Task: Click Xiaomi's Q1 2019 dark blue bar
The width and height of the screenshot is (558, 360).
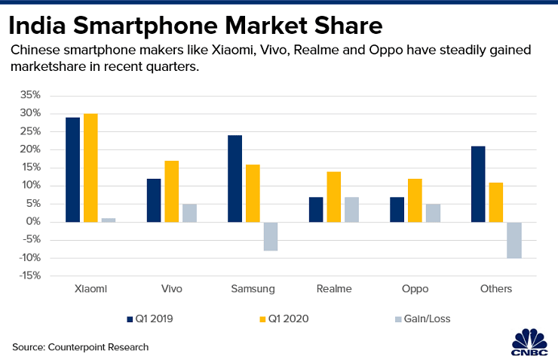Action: click(x=72, y=170)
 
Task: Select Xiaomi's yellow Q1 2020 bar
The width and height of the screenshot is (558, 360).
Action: click(x=90, y=168)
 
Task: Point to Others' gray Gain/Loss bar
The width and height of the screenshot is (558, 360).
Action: click(x=514, y=240)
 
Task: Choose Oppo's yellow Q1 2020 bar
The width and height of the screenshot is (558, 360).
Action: click(x=415, y=200)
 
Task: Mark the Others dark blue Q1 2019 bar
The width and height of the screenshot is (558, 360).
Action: click(x=478, y=184)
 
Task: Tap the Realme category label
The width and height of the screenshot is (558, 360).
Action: click(x=333, y=289)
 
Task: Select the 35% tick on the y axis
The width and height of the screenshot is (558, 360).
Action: click(x=30, y=95)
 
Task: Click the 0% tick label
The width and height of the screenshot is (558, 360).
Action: click(x=34, y=222)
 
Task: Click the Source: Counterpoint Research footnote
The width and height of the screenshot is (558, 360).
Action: click(x=80, y=346)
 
